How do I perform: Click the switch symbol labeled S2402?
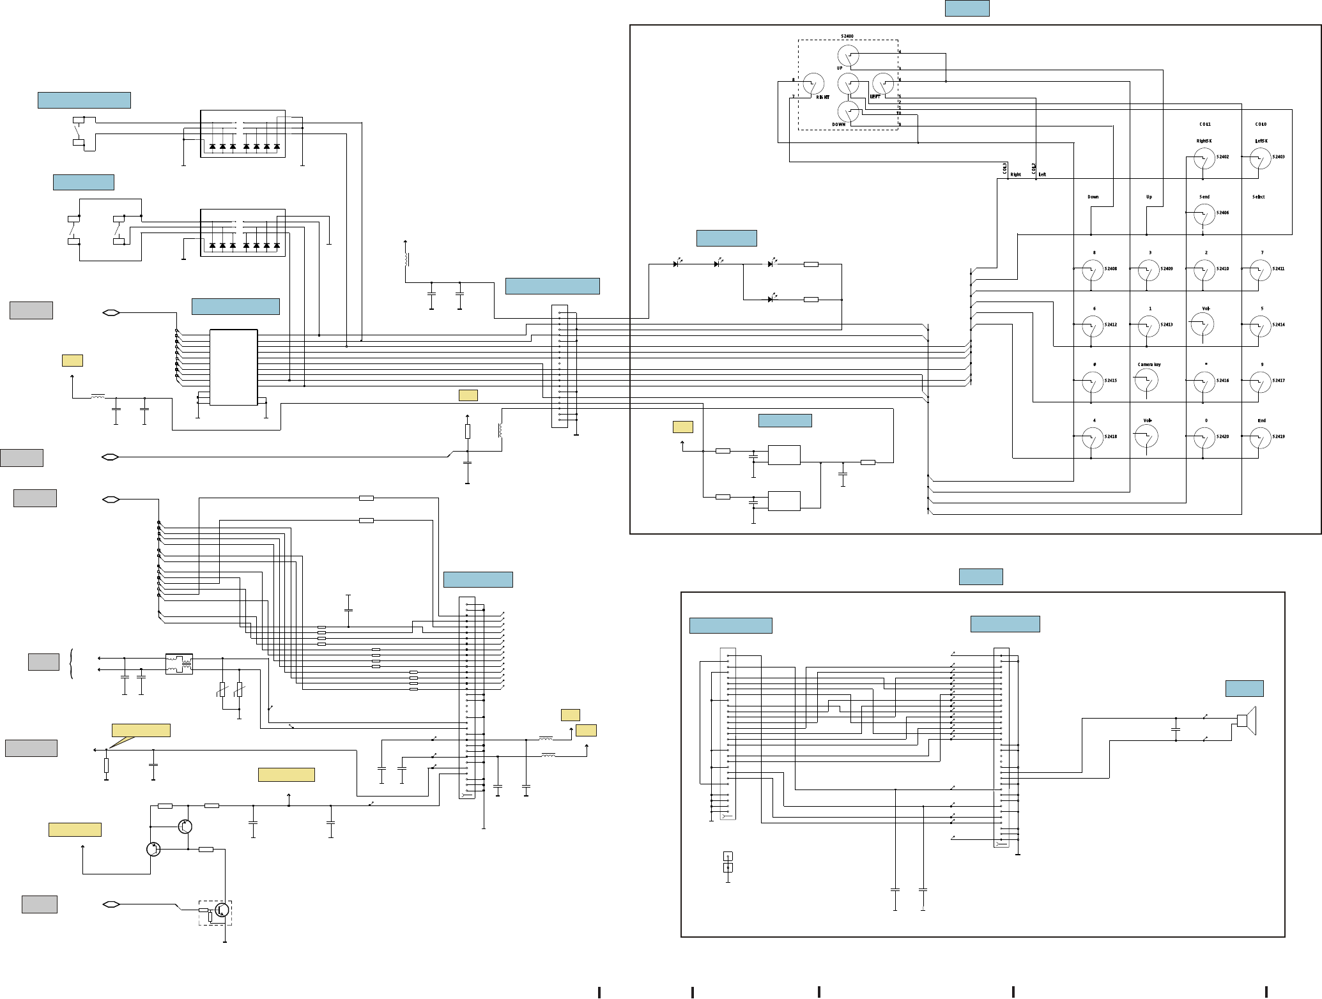[1204, 158]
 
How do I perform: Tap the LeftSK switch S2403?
[1260, 158]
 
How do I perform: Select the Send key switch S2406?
[1204, 214]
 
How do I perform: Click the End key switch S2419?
[1260, 438]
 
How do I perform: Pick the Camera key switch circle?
[1148, 381]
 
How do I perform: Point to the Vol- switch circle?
[1203, 324]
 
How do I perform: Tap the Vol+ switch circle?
[1148, 437]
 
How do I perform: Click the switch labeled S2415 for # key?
[1093, 382]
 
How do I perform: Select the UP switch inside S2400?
[849, 56]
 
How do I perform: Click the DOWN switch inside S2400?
[849, 112]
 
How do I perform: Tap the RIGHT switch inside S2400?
[813, 84]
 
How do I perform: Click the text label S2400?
[847, 36]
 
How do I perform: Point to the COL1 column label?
[1204, 125]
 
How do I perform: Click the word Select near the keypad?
[1258, 197]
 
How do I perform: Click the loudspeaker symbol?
[1247, 721]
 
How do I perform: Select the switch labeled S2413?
[1148, 326]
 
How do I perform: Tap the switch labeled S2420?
[1204, 438]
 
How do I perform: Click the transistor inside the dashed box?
[222, 910]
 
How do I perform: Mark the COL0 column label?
[1260, 125]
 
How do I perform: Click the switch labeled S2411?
[1260, 270]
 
